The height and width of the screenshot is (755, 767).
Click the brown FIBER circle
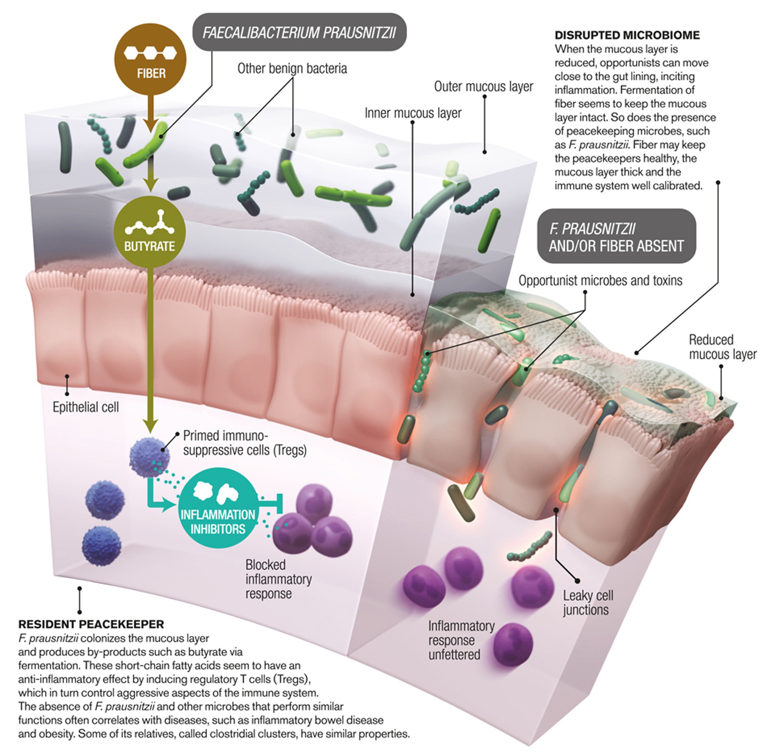coord(150,59)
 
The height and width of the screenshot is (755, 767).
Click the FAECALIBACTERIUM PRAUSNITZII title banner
coord(299,33)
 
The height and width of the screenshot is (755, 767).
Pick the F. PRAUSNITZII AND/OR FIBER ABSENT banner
coord(616,237)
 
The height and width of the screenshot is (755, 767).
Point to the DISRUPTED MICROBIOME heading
coord(627,35)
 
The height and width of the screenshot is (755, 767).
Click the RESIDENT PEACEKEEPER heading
coord(91,624)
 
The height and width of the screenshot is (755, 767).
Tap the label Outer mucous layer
coord(483,86)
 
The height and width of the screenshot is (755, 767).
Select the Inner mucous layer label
coord(413,113)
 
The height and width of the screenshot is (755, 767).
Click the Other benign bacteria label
coord(292,69)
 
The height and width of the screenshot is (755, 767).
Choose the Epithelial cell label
coord(85,407)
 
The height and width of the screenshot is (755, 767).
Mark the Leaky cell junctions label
coord(588,602)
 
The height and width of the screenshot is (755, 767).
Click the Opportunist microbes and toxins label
coord(600,280)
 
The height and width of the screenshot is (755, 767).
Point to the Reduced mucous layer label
coord(722,347)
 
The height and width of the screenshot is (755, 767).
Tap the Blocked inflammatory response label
coord(278,578)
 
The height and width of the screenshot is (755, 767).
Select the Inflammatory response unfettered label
coord(461,640)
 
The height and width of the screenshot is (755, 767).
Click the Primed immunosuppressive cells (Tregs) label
coord(244,442)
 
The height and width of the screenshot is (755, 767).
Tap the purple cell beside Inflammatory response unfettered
coord(511,644)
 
